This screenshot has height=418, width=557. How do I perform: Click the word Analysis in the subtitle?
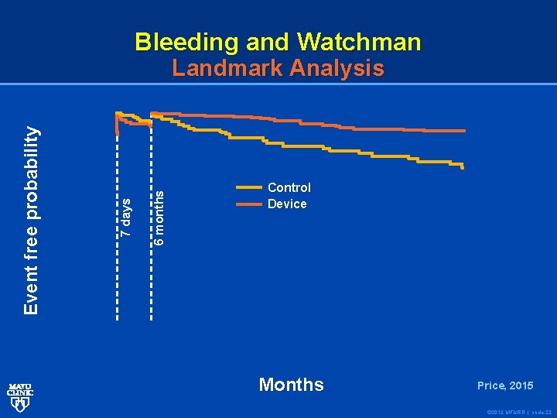point(337,69)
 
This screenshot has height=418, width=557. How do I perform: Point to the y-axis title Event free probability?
point(31,221)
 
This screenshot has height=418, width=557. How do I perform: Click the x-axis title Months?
point(292,385)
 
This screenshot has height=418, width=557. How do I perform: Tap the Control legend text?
point(289,187)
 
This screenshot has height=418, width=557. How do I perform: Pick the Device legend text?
point(287,204)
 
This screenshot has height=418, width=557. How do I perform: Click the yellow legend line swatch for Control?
point(248,187)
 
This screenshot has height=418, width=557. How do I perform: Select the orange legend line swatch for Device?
point(248,204)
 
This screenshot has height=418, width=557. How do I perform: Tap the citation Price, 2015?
point(504,385)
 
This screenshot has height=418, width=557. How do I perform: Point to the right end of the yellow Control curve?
point(463,166)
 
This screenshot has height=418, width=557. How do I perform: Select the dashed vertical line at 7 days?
point(117,232)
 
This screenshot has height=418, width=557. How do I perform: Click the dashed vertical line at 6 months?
point(151,232)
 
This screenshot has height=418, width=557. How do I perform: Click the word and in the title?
point(270,42)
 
